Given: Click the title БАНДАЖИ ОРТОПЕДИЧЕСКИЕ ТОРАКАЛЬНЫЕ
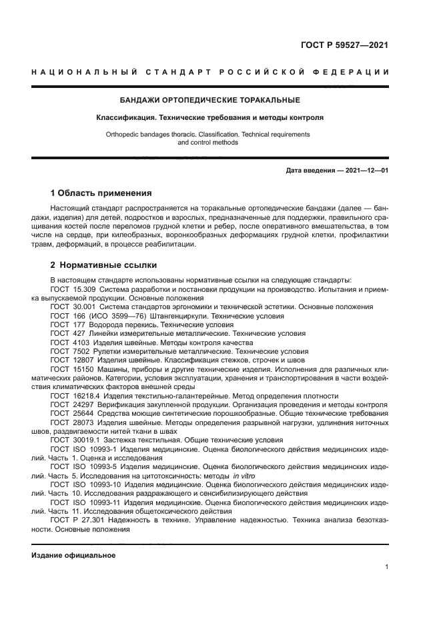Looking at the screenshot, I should coord(209,100).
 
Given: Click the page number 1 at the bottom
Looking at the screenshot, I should coord(387,567).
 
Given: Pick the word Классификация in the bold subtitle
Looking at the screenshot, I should coord(122,117).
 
